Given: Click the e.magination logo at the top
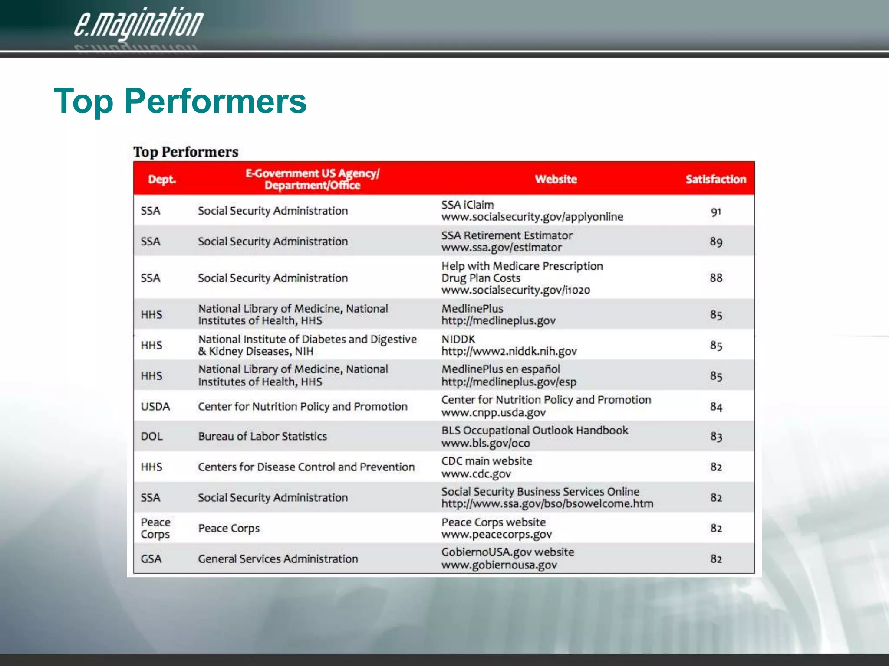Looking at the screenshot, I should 138,24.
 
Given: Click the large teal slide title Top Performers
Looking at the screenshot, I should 180,101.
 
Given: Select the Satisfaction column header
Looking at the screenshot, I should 716,179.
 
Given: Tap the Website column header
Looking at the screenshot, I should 556,179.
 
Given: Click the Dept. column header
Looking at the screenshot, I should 162,179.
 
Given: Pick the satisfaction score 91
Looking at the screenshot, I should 716,212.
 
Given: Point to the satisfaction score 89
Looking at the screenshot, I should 716,242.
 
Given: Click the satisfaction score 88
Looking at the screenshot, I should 716,278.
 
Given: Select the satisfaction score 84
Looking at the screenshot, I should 716,407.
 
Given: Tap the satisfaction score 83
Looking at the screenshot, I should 716,437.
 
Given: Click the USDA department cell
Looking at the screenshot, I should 155,407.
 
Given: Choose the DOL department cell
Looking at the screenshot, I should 151,437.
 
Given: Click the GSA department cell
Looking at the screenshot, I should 151,559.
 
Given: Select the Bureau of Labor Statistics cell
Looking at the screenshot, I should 262,437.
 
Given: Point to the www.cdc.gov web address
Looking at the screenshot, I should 476,474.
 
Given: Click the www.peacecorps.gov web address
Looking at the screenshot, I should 497,535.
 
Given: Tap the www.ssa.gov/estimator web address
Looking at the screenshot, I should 501,248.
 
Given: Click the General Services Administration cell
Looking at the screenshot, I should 278,559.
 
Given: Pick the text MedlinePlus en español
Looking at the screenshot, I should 500,369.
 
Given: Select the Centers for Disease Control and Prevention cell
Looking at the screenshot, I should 306,467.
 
